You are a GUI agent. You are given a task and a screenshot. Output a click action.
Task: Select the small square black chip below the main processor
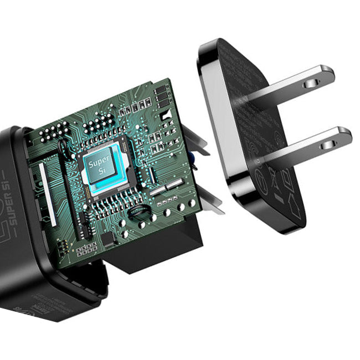point(109,239)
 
